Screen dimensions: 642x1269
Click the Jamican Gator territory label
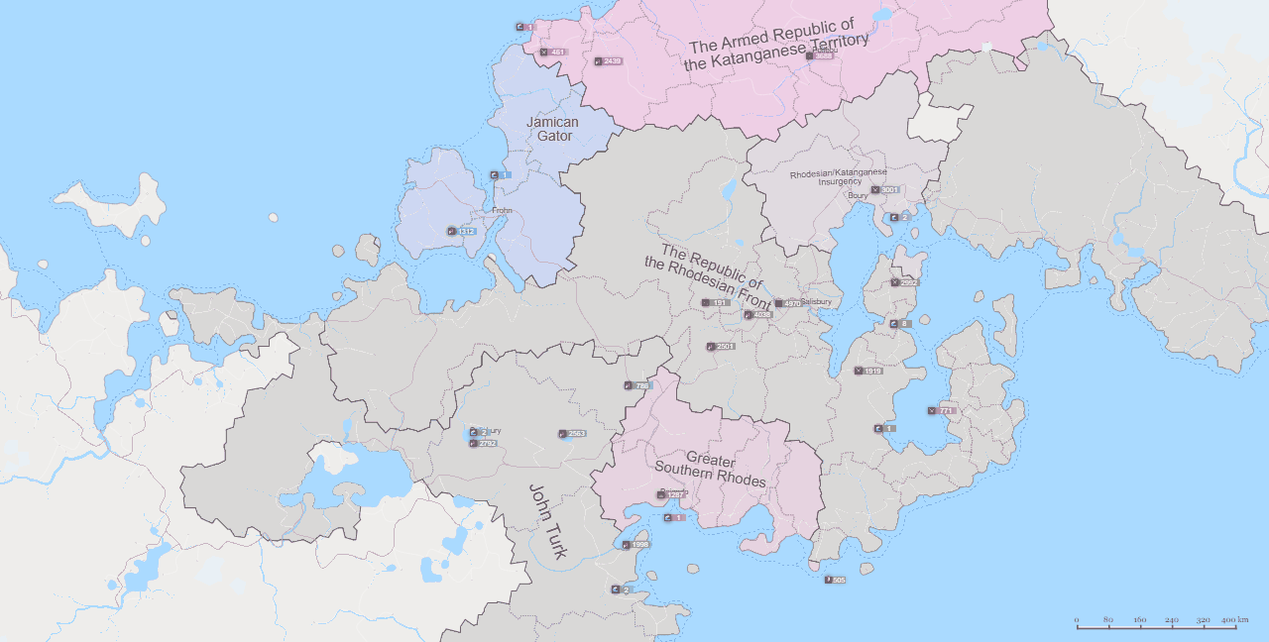[x=552, y=129]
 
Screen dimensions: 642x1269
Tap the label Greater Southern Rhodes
[x=710, y=471]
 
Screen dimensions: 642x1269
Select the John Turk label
[x=546, y=521]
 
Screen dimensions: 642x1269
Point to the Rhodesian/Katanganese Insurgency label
[x=838, y=177]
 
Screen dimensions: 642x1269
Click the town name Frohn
[x=502, y=211]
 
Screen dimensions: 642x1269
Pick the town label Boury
[x=858, y=196]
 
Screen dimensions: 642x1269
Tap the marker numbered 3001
[x=884, y=189]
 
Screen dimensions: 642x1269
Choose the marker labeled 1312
[x=462, y=231]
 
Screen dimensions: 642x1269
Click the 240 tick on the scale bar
[x=1172, y=621]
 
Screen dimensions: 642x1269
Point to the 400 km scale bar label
[x=1235, y=619]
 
